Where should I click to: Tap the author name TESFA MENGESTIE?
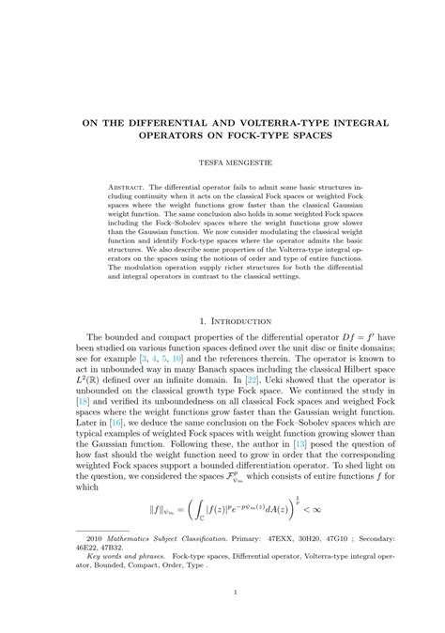(222, 162)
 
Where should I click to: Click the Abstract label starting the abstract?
(121, 188)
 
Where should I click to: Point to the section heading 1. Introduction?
(222, 321)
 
